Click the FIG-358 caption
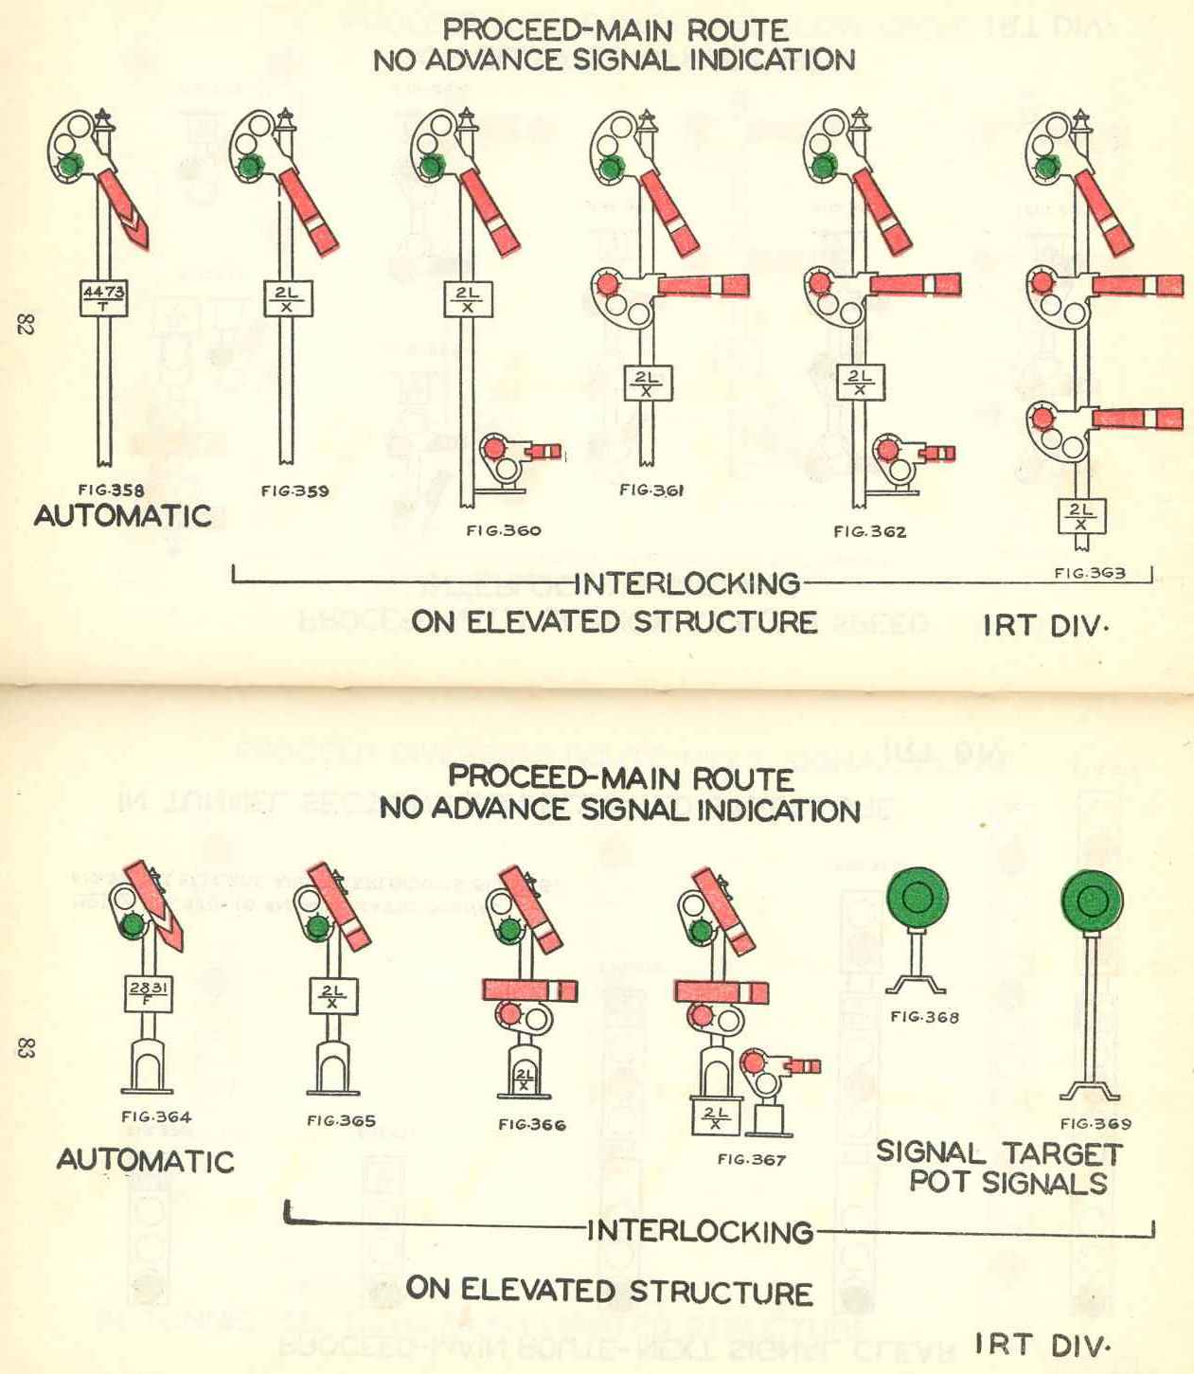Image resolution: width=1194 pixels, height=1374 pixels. pyautogui.click(x=111, y=490)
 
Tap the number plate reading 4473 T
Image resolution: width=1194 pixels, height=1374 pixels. pyautogui.click(x=102, y=297)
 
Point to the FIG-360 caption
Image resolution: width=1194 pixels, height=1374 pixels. pyautogui.click(x=503, y=530)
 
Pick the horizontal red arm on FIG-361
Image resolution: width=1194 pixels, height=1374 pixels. pyautogui.click(x=702, y=285)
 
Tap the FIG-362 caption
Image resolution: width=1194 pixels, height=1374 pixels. pyautogui.click(x=869, y=531)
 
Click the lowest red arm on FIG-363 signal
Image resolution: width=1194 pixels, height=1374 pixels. pyautogui.click(x=1136, y=419)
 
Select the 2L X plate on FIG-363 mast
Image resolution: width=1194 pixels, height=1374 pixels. pyautogui.click(x=1080, y=517)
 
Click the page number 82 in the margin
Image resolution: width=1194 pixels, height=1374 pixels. pyautogui.click(x=25, y=325)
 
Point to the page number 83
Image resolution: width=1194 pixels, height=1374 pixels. pyautogui.click(x=26, y=1048)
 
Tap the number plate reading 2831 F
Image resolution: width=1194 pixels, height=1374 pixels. pyautogui.click(x=149, y=993)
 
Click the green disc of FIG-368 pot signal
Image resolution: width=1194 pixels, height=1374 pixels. pyautogui.click(x=917, y=897)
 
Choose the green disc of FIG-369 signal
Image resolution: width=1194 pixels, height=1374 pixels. pyautogui.click(x=1092, y=901)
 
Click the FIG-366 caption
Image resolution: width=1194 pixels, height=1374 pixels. pyautogui.click(x=531, y=1124)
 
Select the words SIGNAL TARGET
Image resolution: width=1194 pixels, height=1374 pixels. pyautogui.click(x=998, y=1152)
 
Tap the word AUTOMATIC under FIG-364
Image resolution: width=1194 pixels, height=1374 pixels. pyautogui.click(x=145, y=1160)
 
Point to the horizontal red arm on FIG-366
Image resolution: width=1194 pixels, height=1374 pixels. pyautogui.click(x=529, y=990)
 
